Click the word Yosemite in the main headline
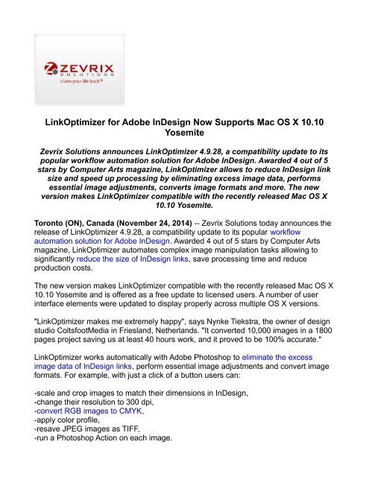pyautogui.click(x=184, y=136)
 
